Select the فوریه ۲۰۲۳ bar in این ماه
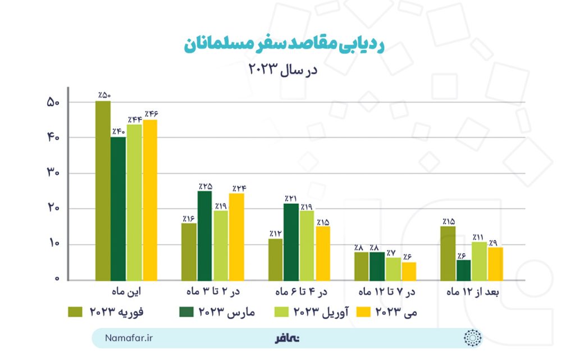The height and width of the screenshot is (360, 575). click(x=103, y=191)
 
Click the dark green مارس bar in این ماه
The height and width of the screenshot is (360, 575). click(x=118, y=208)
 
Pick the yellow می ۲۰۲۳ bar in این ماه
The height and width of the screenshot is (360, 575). click(x=150, y=200)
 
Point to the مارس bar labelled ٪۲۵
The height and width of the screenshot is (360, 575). click(x=204, y=235)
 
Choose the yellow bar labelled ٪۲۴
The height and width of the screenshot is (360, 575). click(x=236, y=236)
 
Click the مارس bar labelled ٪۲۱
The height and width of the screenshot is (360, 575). click(x=291, y=241)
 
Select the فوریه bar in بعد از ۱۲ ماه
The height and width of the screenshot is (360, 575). click(x=448, y=253)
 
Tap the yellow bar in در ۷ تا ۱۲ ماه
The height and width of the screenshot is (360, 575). click(x=409, y=271)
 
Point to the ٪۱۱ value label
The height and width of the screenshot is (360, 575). click(x=478, y=237)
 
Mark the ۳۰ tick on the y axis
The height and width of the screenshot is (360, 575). click(x=53, y=174)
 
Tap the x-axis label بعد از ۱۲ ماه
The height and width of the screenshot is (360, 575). click(x=472, y=292)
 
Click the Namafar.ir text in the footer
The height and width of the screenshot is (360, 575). click(x=129, y=338)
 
